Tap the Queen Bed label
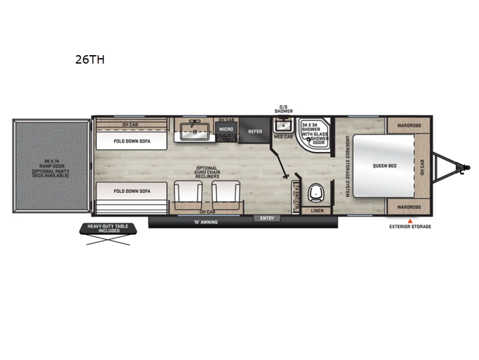click(383, 166)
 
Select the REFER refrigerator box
click(255, 131)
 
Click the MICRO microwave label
click(226, 129)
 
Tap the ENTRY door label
click(267, 218)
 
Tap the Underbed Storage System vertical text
click(347, 166)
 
